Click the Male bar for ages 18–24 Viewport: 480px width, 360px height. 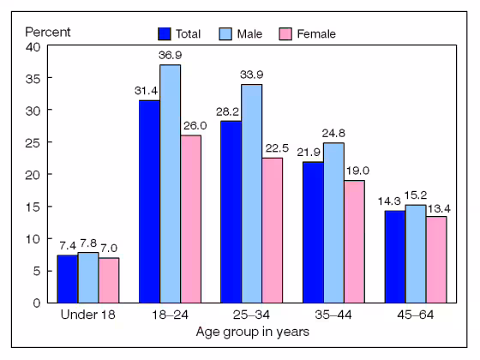pyautogui.click(x=170, y=183)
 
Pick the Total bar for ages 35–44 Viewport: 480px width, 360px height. pyautogui.click(x=314, y=231)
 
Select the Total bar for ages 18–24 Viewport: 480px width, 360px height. pyautogui.click(x=149, y=201)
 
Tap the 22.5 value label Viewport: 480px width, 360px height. pyautogui.click(x=273, y=149)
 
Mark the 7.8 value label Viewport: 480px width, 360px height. pyautogui.click(x=88, y=243)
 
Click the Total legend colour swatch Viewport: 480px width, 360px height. pyautogui.click(x=164, y=34)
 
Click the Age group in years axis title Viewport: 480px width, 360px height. pyautogui.click(x=252, y=332)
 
